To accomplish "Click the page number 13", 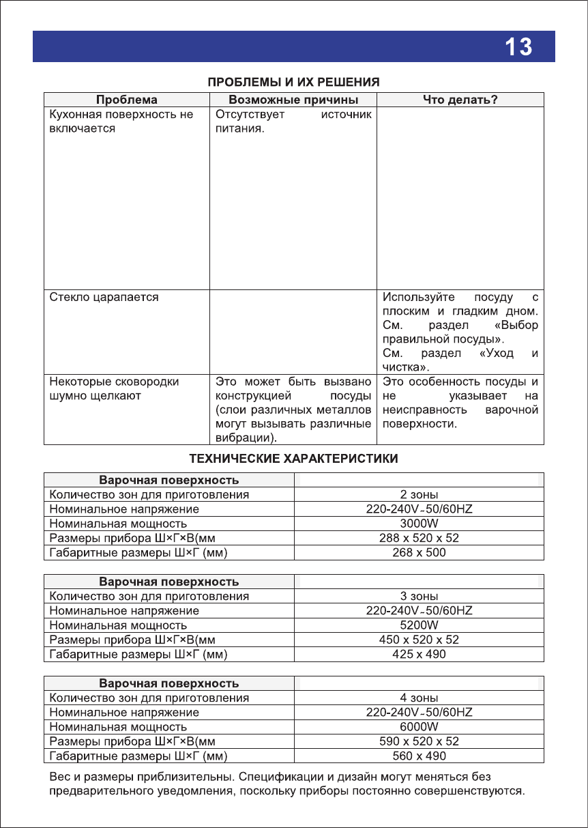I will pyautogui.click(x=518, y=47).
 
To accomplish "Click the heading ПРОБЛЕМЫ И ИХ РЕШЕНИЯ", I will pyautogui.click(x=293, y=82).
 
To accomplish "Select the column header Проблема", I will pyautogui.click(x=127, y=100).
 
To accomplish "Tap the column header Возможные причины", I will pyautogui.click(x=293, y=100).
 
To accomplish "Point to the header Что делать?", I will pyautogui.click(x=460, y=100).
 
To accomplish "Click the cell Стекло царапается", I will pyautogui.click(x=104, y=298).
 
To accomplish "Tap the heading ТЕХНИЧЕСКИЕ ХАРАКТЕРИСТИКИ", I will pyautogui.click(x=293, y=458).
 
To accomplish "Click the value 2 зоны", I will pyautogui.click(x=419, y=494).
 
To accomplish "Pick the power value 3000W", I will pyautogui.click(x=419, y=524).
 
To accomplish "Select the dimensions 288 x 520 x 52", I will pyautogui.click(x=419, y=538).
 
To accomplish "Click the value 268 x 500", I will pyautogui.click(x=419, y=553).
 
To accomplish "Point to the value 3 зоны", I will pyautogui.click(x=419, y=596).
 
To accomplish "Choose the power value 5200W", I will pyautogui.click(x=419, y=625).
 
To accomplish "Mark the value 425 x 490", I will pyautogui.click(x=419, y=655).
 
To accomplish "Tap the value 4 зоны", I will pyautogui.click(x=419, y=698).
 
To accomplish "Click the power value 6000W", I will pyautogui.click(x=419, y=727).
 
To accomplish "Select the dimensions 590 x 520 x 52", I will pyautogui.click(x=419, y=741).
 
